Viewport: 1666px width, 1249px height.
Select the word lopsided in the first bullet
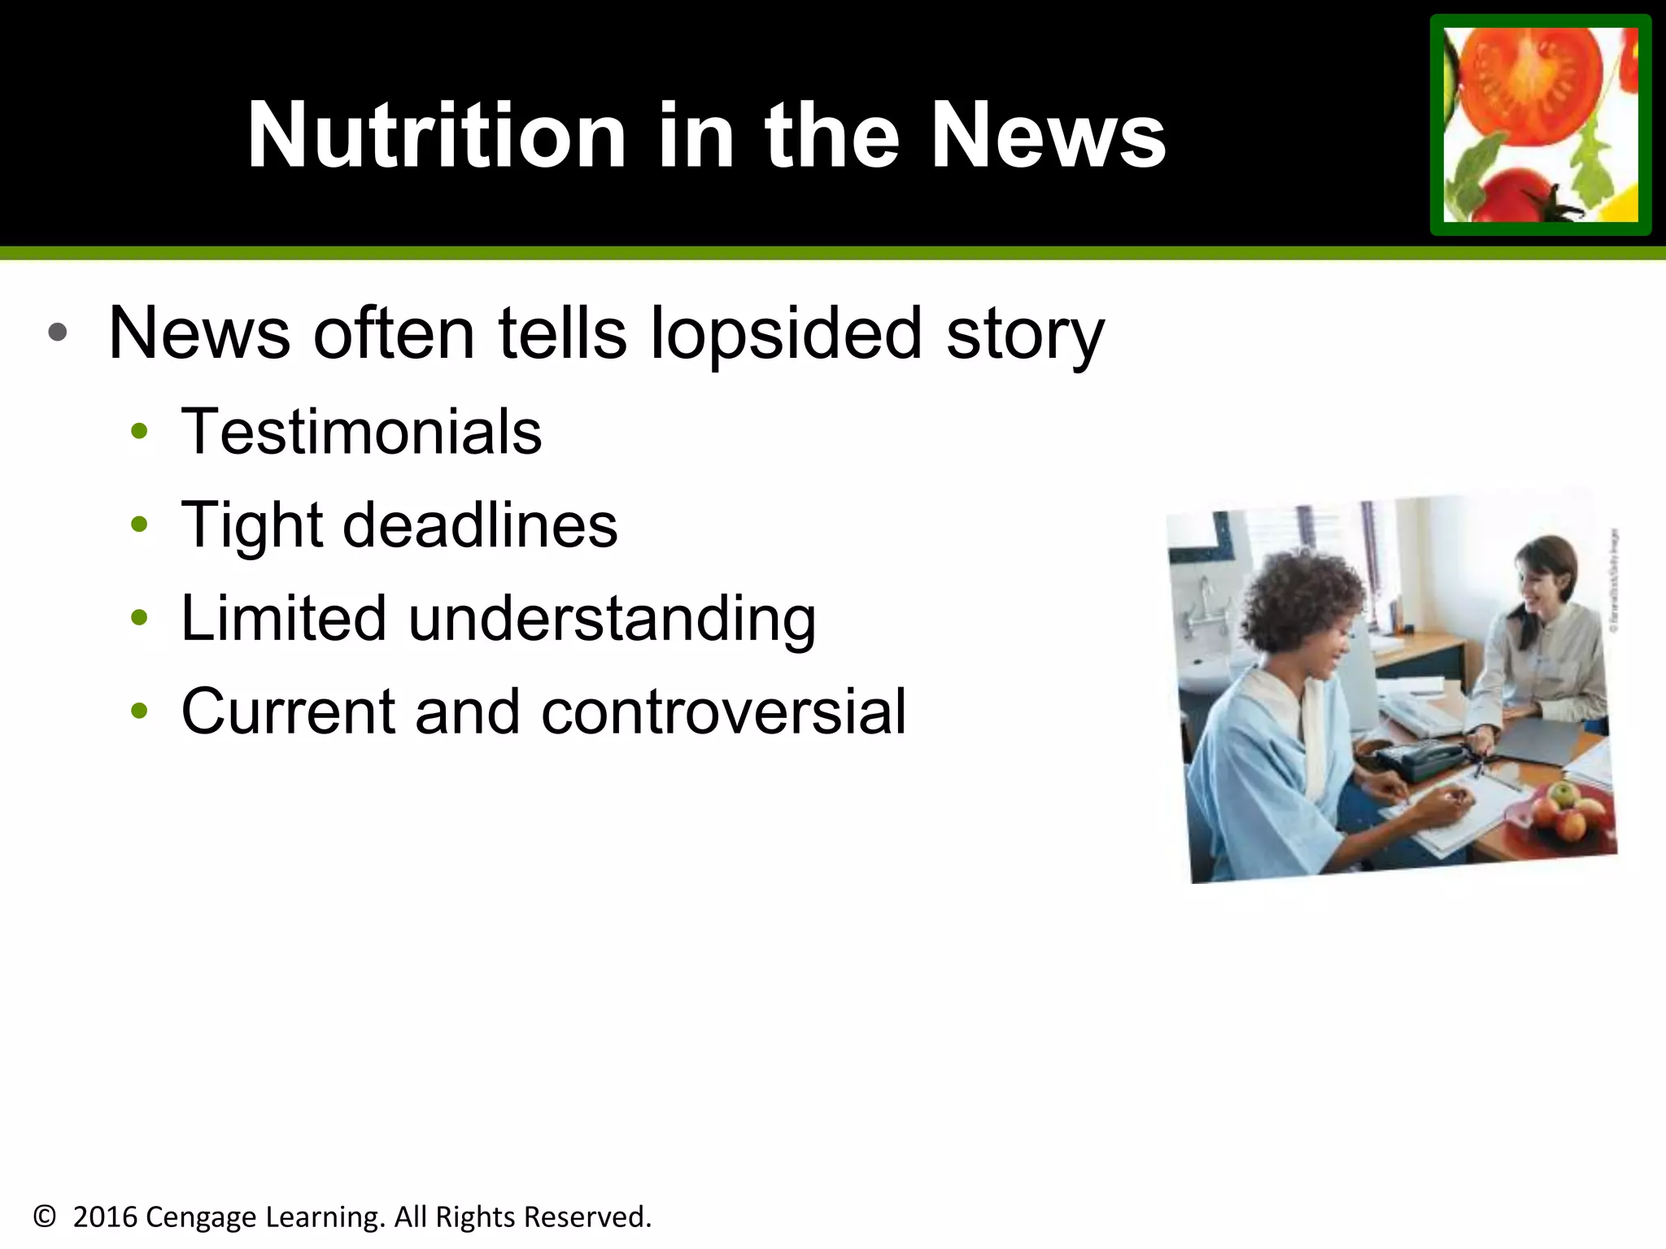(x=786, y=333)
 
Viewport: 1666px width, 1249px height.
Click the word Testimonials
(x=361, y=432)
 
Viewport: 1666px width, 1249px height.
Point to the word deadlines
(x=480, y=525)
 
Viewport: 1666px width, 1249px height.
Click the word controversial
(x=723, y=712)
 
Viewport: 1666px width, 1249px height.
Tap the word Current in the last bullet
(x=287, y=712)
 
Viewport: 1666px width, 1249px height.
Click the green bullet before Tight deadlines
(x=139, y=524)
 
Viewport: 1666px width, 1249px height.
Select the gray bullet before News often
(x=57, y=332)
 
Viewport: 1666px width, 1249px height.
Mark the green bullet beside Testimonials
(x=139, y=431)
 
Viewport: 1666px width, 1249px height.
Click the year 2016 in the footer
(x=105, y=1217)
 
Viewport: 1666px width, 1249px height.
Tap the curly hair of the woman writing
(x=1302, y=602)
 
